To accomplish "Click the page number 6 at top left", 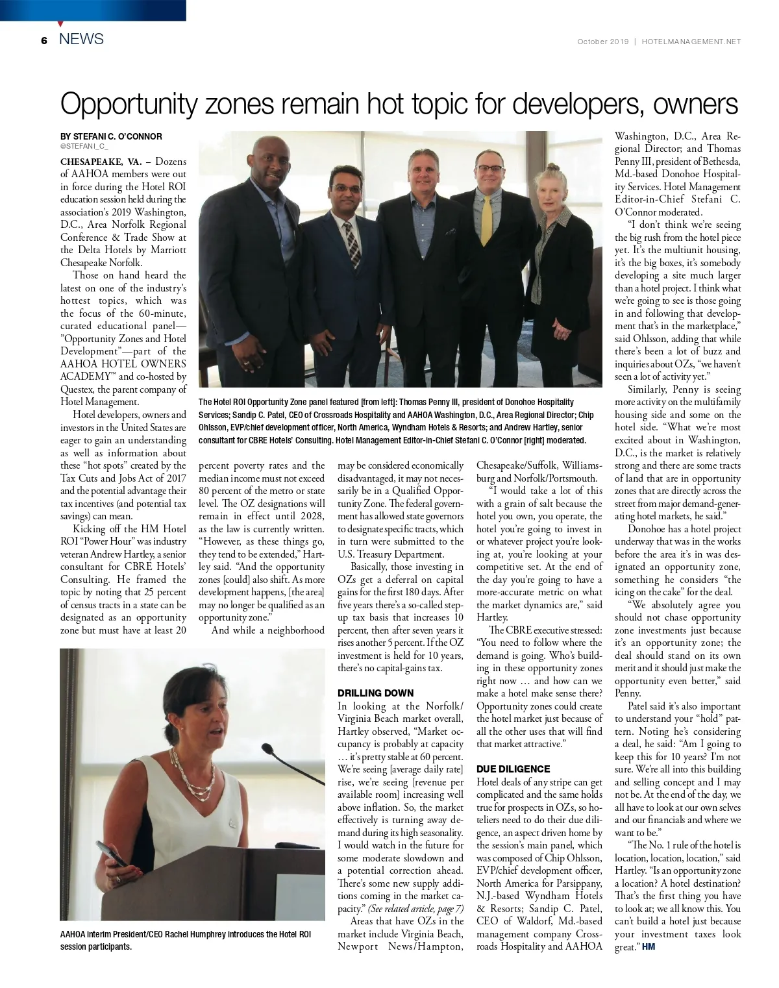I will (43, 40).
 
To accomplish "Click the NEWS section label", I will (81, 39).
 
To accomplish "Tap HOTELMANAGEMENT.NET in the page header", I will (691, 42).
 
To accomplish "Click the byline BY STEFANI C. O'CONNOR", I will (111, 136).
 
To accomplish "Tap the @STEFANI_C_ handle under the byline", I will (84, 147).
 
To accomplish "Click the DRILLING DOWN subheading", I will (375, 693).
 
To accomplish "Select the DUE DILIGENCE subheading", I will (513, 769).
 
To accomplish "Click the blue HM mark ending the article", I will (649, 946).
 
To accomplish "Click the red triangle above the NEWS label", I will (60, 24).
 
